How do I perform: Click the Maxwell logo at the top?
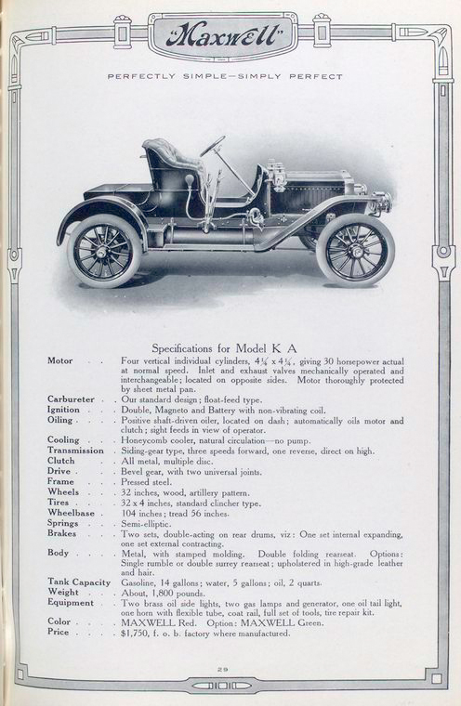pyautogui.click(x=220, y=38)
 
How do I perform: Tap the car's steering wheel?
pyautogui.click(x=213, y=147)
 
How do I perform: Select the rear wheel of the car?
pyautogui.click(x=105, y=250)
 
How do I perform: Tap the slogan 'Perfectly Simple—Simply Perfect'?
pyautogui.click(x=225, y=76)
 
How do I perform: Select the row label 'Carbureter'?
pyautogui.click(x=72, y=399)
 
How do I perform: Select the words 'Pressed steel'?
pyautogui.click(x=147, y=482)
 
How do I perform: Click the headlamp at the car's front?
pyautogui.click(x=379, y=201)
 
